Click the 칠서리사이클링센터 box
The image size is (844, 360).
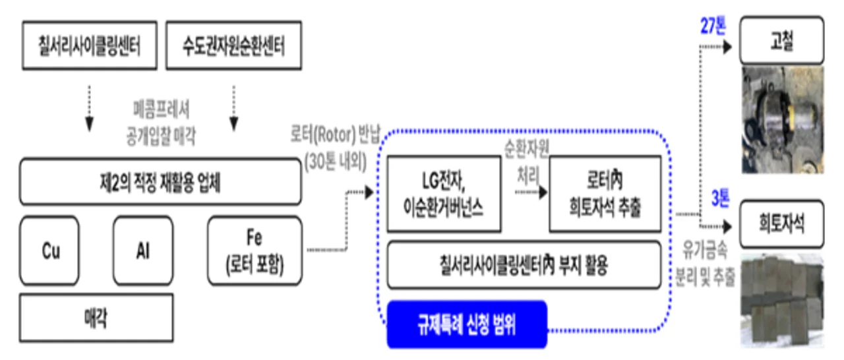point(90,45)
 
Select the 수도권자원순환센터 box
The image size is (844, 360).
point(233,45)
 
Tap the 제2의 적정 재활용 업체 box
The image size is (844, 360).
point(160,182)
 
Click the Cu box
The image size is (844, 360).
point(49,251)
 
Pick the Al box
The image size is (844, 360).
point(143,251)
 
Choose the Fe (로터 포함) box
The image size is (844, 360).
point(255,251)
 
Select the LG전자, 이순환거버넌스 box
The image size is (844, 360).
point(444,194)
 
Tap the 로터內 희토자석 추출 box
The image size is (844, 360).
point(605,194)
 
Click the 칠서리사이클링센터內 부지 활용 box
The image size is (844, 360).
point(524,265)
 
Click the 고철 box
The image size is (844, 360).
point(782,40)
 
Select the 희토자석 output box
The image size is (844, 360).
point(782,224)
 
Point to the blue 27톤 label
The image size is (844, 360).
point(713,26)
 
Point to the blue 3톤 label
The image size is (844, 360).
point(720,198)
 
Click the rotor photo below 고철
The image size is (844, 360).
point(783,120)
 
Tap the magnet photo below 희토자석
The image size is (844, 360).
point(782,301)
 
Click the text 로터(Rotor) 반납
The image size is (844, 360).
point(336,135)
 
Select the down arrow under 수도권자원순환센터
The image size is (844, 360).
point(234,108)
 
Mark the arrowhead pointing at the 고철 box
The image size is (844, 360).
point(727,47)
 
